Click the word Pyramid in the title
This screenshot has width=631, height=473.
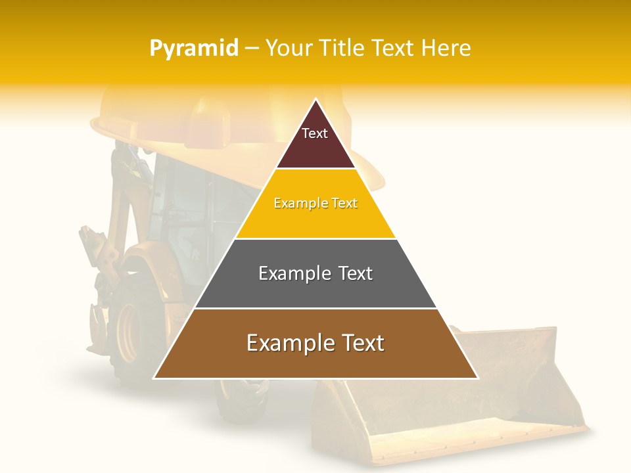(x=194, y=48)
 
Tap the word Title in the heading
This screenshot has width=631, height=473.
(x=340, y=48)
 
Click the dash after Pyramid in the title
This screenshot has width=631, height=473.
(x=252, y=49)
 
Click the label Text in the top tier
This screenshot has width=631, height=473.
(x=315, y=133)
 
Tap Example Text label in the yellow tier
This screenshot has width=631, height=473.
(x=315, y=203)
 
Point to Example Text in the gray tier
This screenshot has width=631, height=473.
(x=315, y=273)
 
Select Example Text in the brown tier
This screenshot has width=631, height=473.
(x=315, y=343)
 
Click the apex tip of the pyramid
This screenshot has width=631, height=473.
(x=316, y=101)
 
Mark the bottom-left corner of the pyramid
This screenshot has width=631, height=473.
(x=155, y=378)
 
